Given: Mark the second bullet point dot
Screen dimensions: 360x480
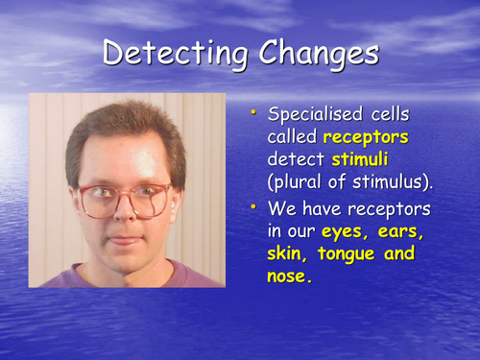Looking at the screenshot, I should [x=253, y=205].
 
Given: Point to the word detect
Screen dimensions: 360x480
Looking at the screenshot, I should [x=295, y=161].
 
